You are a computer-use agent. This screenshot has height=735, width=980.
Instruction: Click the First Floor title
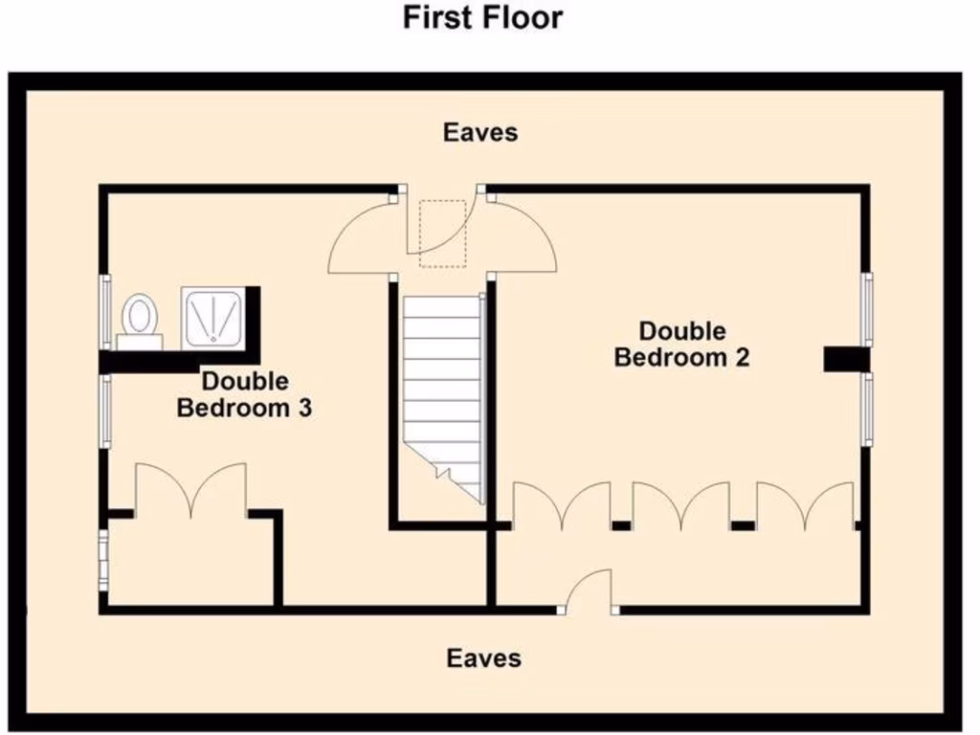(x=482, y=17)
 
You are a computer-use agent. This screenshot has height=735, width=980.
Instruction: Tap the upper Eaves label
(x=480, y=132)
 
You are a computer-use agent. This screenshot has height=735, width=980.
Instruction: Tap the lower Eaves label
(x=484, y=658)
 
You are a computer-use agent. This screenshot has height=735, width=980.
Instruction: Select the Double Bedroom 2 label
(x=682, y=345)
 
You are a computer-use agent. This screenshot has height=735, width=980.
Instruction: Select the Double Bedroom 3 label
(x=245, y=394)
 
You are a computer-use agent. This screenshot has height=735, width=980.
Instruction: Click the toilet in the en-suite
(x=140, y=316)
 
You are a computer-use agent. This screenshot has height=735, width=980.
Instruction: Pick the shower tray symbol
(x=213, y=316)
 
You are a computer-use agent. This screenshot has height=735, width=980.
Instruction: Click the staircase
(x=440, y=392)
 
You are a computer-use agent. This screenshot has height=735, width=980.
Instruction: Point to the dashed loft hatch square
(x=442, y=229)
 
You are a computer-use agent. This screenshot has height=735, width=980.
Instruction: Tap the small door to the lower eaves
(x=590, y=591)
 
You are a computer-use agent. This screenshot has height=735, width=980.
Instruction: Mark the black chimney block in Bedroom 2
(x=846, y=359)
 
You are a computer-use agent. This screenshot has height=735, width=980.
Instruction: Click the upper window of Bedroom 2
(x=867, y=308)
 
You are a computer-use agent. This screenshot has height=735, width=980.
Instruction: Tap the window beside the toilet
(x=105, y=311)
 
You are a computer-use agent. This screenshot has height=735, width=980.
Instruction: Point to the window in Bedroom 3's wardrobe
(x=103, y=560)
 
